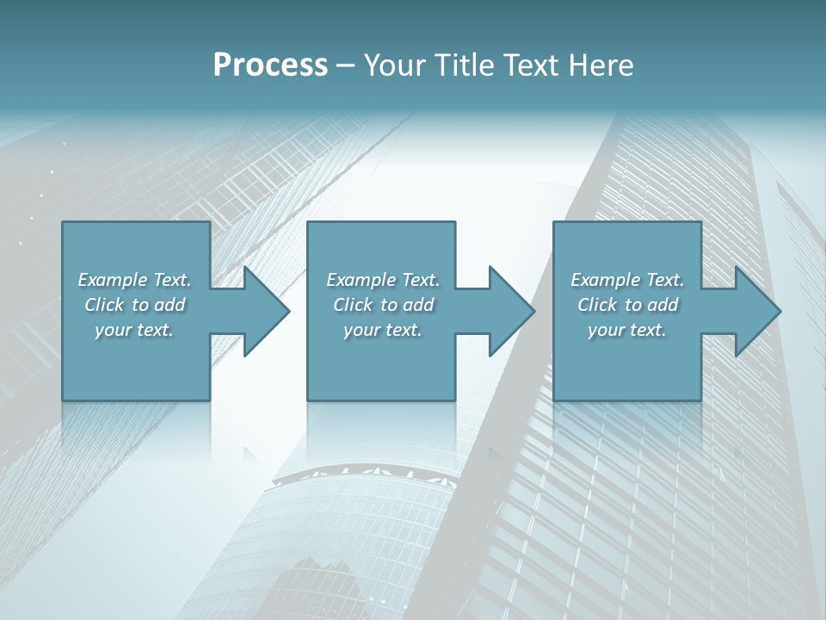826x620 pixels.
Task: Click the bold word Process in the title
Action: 270,65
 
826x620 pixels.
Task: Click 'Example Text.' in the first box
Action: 134,280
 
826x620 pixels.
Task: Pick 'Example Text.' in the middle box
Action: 383,280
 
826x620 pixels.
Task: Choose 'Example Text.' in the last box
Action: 627,280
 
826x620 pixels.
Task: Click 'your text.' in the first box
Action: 134,330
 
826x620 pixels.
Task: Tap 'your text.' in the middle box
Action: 383,330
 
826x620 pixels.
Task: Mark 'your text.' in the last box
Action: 627,330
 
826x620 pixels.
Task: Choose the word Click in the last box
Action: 598,305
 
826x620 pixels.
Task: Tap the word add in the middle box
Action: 417,305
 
